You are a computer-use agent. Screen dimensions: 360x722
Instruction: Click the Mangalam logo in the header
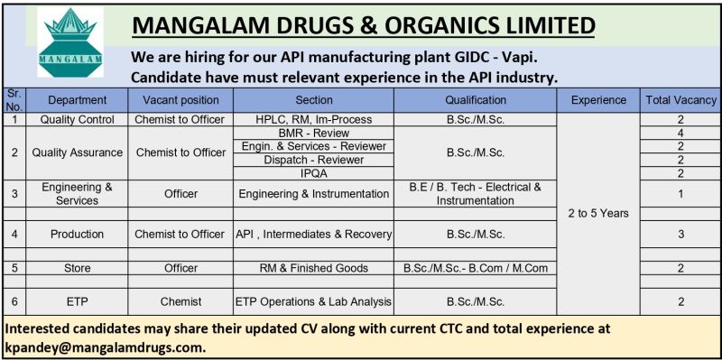coord(69,42)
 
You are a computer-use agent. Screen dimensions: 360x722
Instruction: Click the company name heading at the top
coord(364,26)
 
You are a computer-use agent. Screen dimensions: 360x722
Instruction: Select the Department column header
coord(77,100)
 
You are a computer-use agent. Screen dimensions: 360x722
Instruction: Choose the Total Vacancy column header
coord(680,100)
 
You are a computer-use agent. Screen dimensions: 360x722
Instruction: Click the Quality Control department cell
coord(77,119)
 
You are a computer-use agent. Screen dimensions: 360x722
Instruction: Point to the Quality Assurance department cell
coord(77,152)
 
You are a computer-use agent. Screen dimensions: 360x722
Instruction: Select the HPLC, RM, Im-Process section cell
coord(314,119)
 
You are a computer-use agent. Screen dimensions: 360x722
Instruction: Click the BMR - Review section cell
coord(314,133)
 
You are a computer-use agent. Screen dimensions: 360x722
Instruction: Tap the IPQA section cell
coord(314,173)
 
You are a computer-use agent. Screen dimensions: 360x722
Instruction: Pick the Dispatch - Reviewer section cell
coord(314,160)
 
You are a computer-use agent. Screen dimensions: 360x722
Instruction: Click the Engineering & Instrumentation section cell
coord(314,193)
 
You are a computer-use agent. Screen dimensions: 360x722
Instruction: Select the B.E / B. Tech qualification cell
coord(476,193)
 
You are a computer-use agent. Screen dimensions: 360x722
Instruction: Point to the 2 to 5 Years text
coord(598,214)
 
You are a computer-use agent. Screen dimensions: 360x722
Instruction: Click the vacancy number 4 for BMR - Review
coord(680,133)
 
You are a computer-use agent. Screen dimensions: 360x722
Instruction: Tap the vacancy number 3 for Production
coord(680,234)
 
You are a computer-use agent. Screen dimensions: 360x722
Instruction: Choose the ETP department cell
coord(77,301)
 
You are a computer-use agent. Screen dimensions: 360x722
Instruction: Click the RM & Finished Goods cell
coord(314,268)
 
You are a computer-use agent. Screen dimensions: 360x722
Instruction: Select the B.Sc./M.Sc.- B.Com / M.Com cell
coord(476,268)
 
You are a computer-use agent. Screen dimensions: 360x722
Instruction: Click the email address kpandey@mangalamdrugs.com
coord(106,346)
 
